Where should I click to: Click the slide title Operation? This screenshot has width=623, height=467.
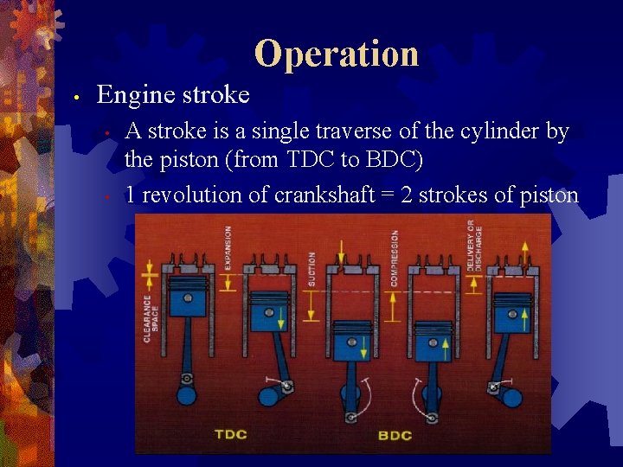click(x=337, y=54)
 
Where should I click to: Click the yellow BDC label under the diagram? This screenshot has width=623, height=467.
click(x=395, y=434)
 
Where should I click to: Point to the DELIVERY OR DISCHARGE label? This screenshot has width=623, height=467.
click(x=475, y=246)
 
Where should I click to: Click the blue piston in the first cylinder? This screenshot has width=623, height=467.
click(x=188, y=298)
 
